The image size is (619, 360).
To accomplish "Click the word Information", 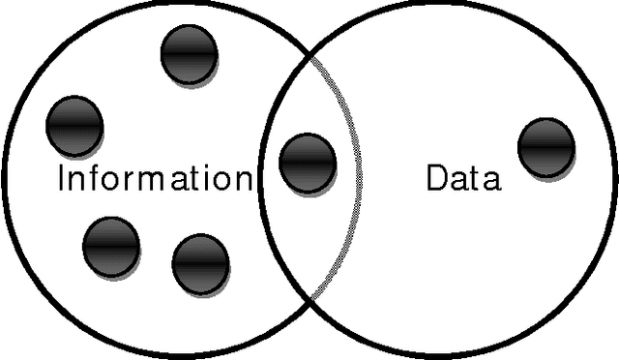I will [155, 179].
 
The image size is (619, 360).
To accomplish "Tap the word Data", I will [464, 179].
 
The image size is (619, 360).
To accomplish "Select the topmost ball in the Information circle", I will [190, 55].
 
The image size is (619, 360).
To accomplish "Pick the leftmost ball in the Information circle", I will [74, 125].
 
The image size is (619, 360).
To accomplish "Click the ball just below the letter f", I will [111, 245].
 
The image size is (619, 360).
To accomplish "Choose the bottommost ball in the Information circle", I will [200, 263].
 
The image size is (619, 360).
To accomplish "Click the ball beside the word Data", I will [546, 147].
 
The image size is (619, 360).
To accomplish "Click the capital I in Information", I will [62, 179].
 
